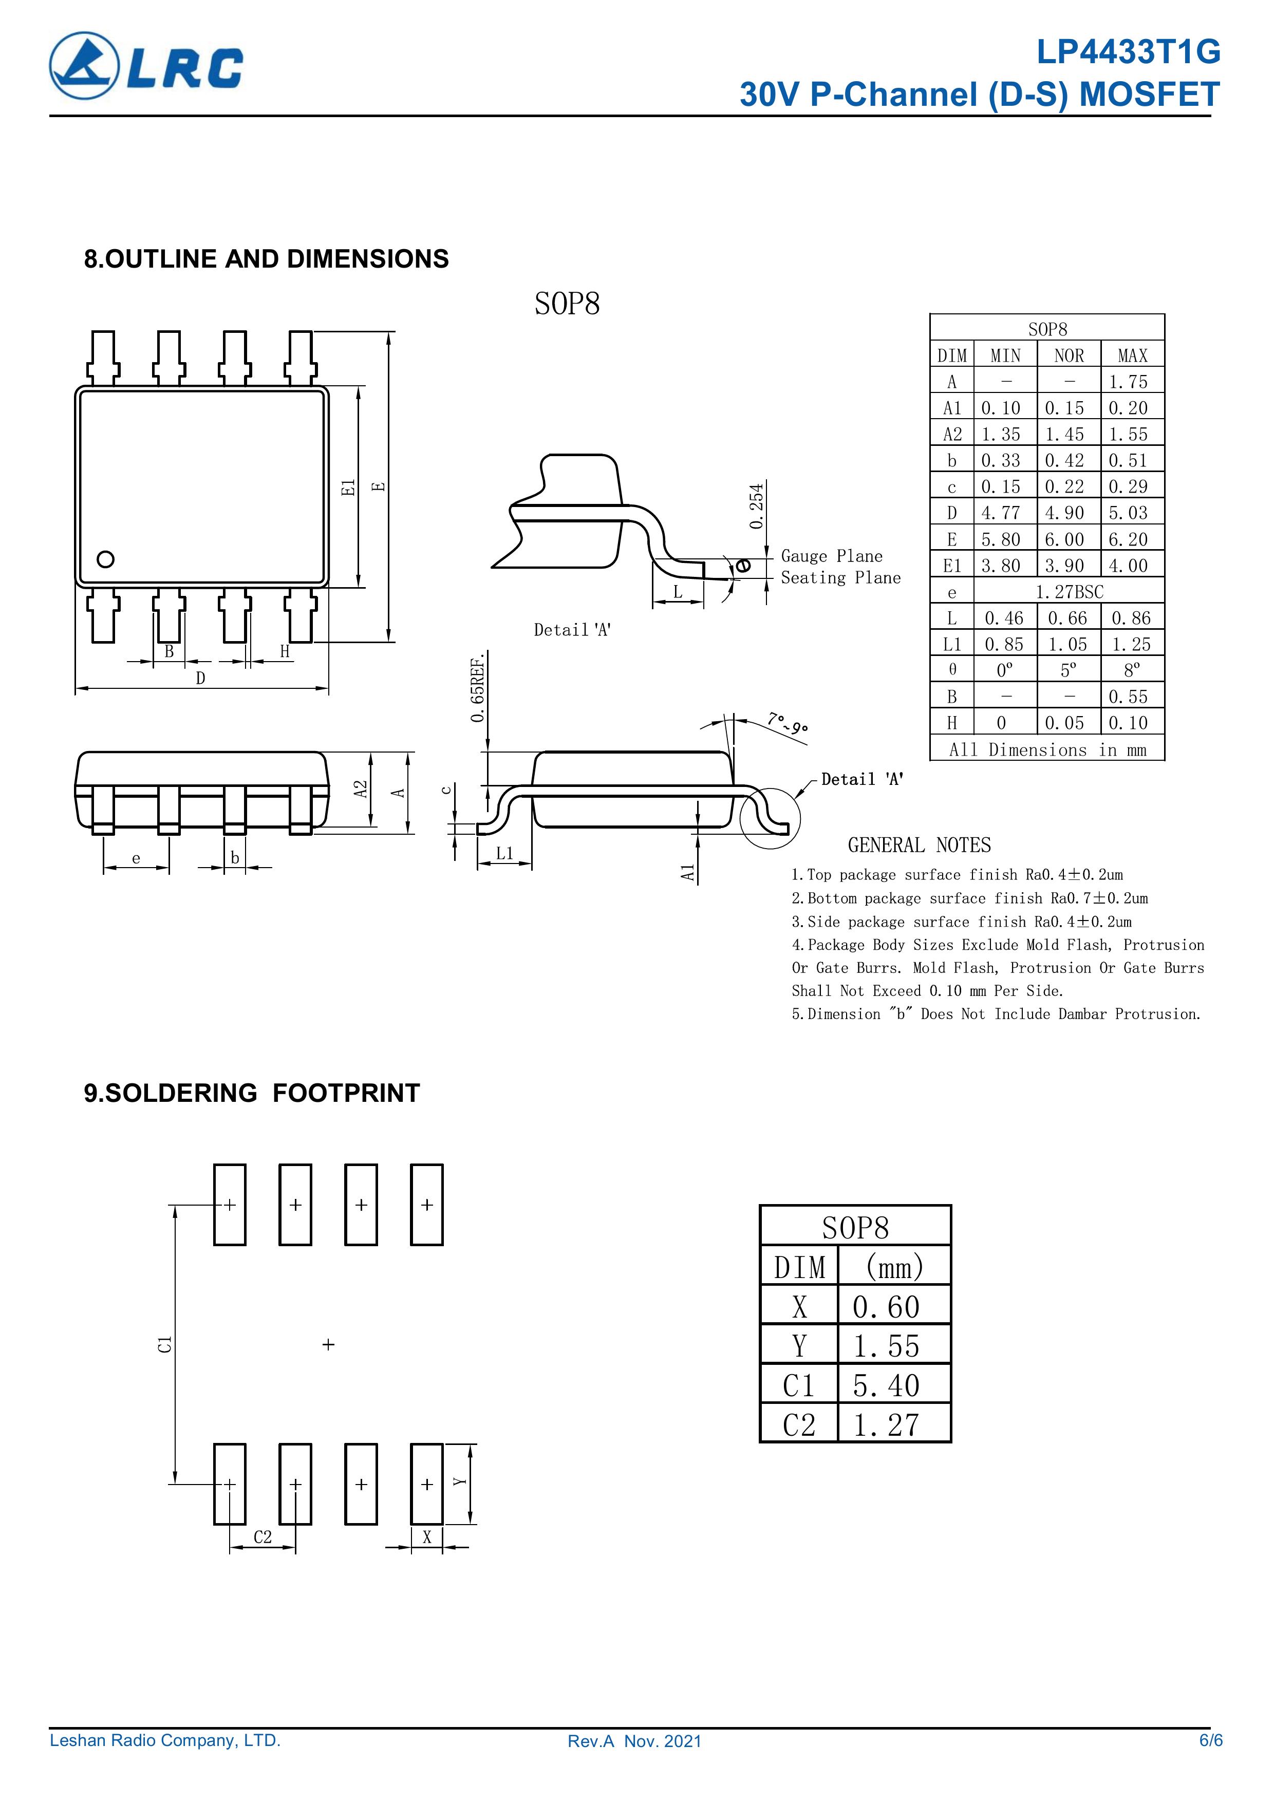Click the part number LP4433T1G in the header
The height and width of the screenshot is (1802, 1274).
(x=1128, y=52)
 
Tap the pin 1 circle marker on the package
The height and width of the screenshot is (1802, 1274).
(x=105, y=559)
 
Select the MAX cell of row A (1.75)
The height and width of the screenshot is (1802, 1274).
(x=1128, y=382)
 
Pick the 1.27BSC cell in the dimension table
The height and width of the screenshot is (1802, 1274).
(x=1069, y=592)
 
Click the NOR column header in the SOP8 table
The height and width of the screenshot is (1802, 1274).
(x=1069, y=355)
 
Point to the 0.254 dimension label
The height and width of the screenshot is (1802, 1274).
(x=756, y=506)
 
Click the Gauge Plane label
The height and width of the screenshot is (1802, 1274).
(x=831, y=556)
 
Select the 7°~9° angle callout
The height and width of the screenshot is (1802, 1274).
(x=788, y=723)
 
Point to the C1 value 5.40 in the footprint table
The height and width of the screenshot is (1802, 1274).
(x=886, y=1386)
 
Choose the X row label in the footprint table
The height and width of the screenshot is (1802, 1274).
(x=799, y=1307)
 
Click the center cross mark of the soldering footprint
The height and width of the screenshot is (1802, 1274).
(x=328, y=1344)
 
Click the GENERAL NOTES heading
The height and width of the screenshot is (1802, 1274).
(x=919, y=846)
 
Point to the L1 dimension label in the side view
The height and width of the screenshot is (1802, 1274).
(x=505, y=853)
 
